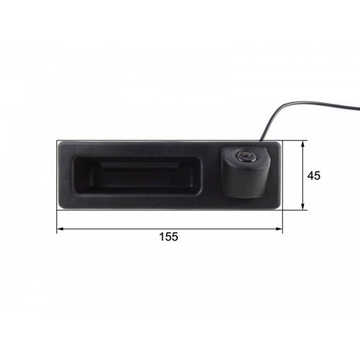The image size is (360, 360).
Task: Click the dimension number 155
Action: coord(169,236)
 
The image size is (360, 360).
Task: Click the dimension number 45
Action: coord(314,176)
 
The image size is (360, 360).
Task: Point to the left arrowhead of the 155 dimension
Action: coord(61,229)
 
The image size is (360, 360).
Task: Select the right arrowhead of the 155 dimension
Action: coord(279,229)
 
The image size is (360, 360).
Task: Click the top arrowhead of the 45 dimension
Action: coord(303,145)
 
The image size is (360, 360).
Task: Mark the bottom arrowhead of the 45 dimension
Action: coord(303,206)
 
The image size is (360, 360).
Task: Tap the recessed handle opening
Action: coord(138,175)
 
